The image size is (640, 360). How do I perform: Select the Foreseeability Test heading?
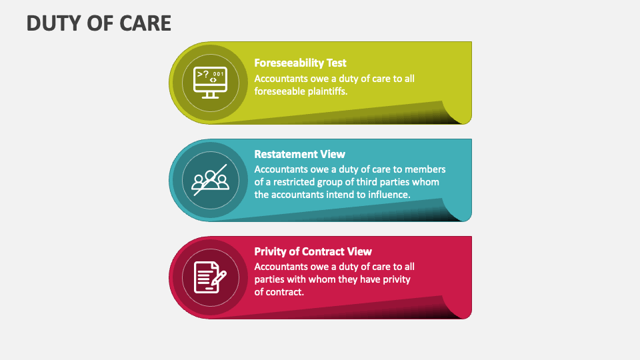pyautogui.click(x=300, y=63)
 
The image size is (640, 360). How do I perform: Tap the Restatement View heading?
pyautogui.click(x=299, y=154)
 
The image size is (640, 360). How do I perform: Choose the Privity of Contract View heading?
pyautogui.click(x=313, y=251)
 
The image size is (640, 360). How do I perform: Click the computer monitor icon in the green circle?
pyautogui.click(x=210, y=83)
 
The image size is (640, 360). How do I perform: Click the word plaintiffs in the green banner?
pyautogui.click(x=325, y=91)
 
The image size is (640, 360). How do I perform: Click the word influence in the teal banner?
pyautogui.click(x=387, y=195)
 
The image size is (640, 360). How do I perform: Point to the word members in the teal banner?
pyautogui.click(x=427, y=169)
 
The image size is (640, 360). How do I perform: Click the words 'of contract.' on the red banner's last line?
pyautogui.click(x=279, y=292)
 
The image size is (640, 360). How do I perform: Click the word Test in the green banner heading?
pyautogui.click(x=335, y=63)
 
